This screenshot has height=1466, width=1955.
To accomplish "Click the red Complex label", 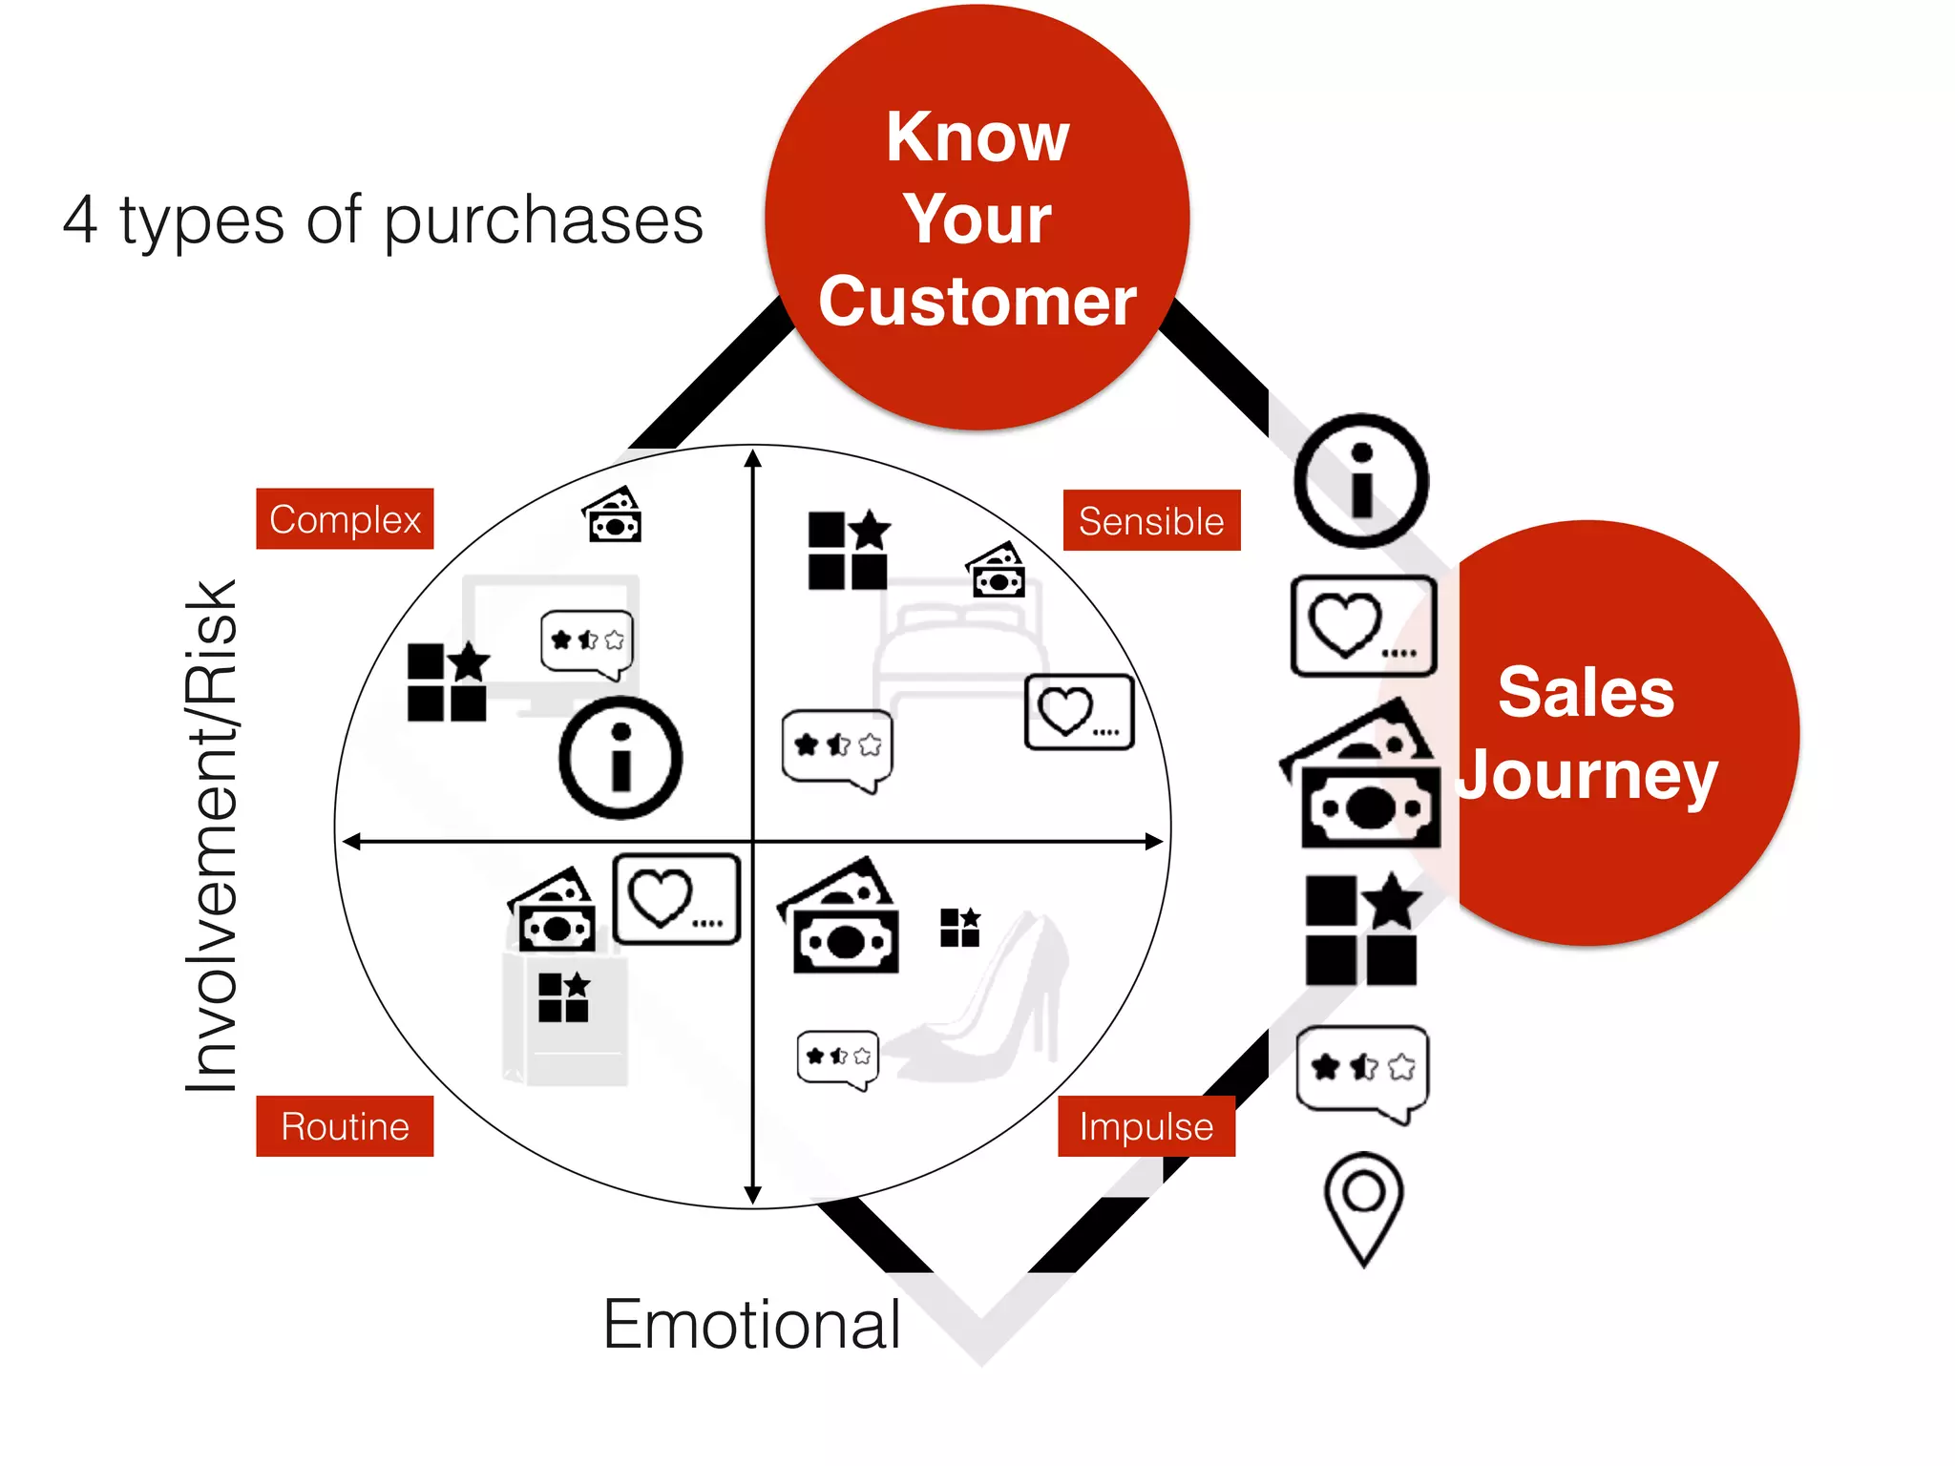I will point(345,519).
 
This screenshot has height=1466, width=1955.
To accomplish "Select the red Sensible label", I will point(1151,521).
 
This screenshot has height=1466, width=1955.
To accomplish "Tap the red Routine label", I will point(345,1126).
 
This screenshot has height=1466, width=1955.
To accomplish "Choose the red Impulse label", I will point(1146,1126).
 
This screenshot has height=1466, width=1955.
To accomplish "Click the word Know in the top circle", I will point(977,137).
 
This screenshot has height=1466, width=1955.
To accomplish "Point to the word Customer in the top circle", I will point(977,302).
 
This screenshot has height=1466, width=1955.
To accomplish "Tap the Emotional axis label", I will point(752,1325).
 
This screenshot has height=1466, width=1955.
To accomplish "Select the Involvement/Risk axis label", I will point(212,835).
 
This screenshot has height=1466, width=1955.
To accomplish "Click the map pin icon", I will point(1364,1207).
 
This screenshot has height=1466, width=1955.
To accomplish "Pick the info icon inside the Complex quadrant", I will point(620,758).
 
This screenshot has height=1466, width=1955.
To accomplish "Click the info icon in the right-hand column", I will point(1361,481).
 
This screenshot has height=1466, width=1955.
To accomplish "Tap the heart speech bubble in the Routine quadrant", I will point(676,899).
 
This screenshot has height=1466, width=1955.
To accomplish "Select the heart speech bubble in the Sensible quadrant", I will point(1079,712).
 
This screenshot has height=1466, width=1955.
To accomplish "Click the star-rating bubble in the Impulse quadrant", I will point(837,1058).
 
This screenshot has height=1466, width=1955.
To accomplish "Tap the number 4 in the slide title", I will point(80,220).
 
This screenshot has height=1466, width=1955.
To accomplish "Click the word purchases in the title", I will point(543,221).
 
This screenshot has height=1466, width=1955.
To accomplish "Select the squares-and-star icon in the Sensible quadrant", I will point(849,551).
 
